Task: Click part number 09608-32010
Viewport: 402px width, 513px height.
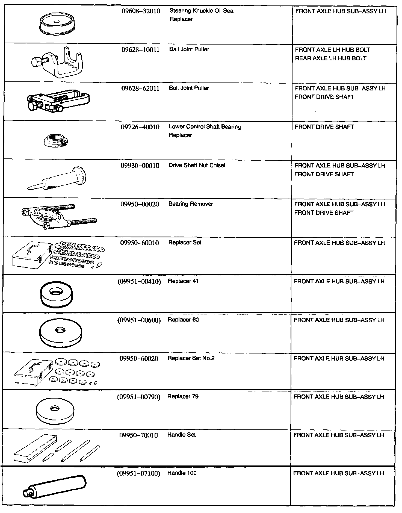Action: (x=141, y=11)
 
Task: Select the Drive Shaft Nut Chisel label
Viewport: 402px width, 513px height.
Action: (x=197, y=165)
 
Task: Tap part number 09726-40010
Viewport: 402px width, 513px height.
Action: (x=140, y=127)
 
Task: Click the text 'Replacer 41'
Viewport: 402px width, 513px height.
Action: (x=183, y=281)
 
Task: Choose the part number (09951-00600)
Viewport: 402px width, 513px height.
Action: (x=139, y=320)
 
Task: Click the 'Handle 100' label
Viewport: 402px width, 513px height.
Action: (x=182, y=473)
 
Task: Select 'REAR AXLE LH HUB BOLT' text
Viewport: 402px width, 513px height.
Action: (x=330, y=58)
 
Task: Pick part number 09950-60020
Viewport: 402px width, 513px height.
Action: (x=139, y=358)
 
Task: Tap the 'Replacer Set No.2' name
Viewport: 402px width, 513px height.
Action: (x=191, y=358)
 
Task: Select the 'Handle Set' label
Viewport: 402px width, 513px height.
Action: (x=181, y=435)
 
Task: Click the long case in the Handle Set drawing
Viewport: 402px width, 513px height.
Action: (x=34, y=449)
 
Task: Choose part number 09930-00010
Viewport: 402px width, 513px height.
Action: (x=140, y=166)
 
